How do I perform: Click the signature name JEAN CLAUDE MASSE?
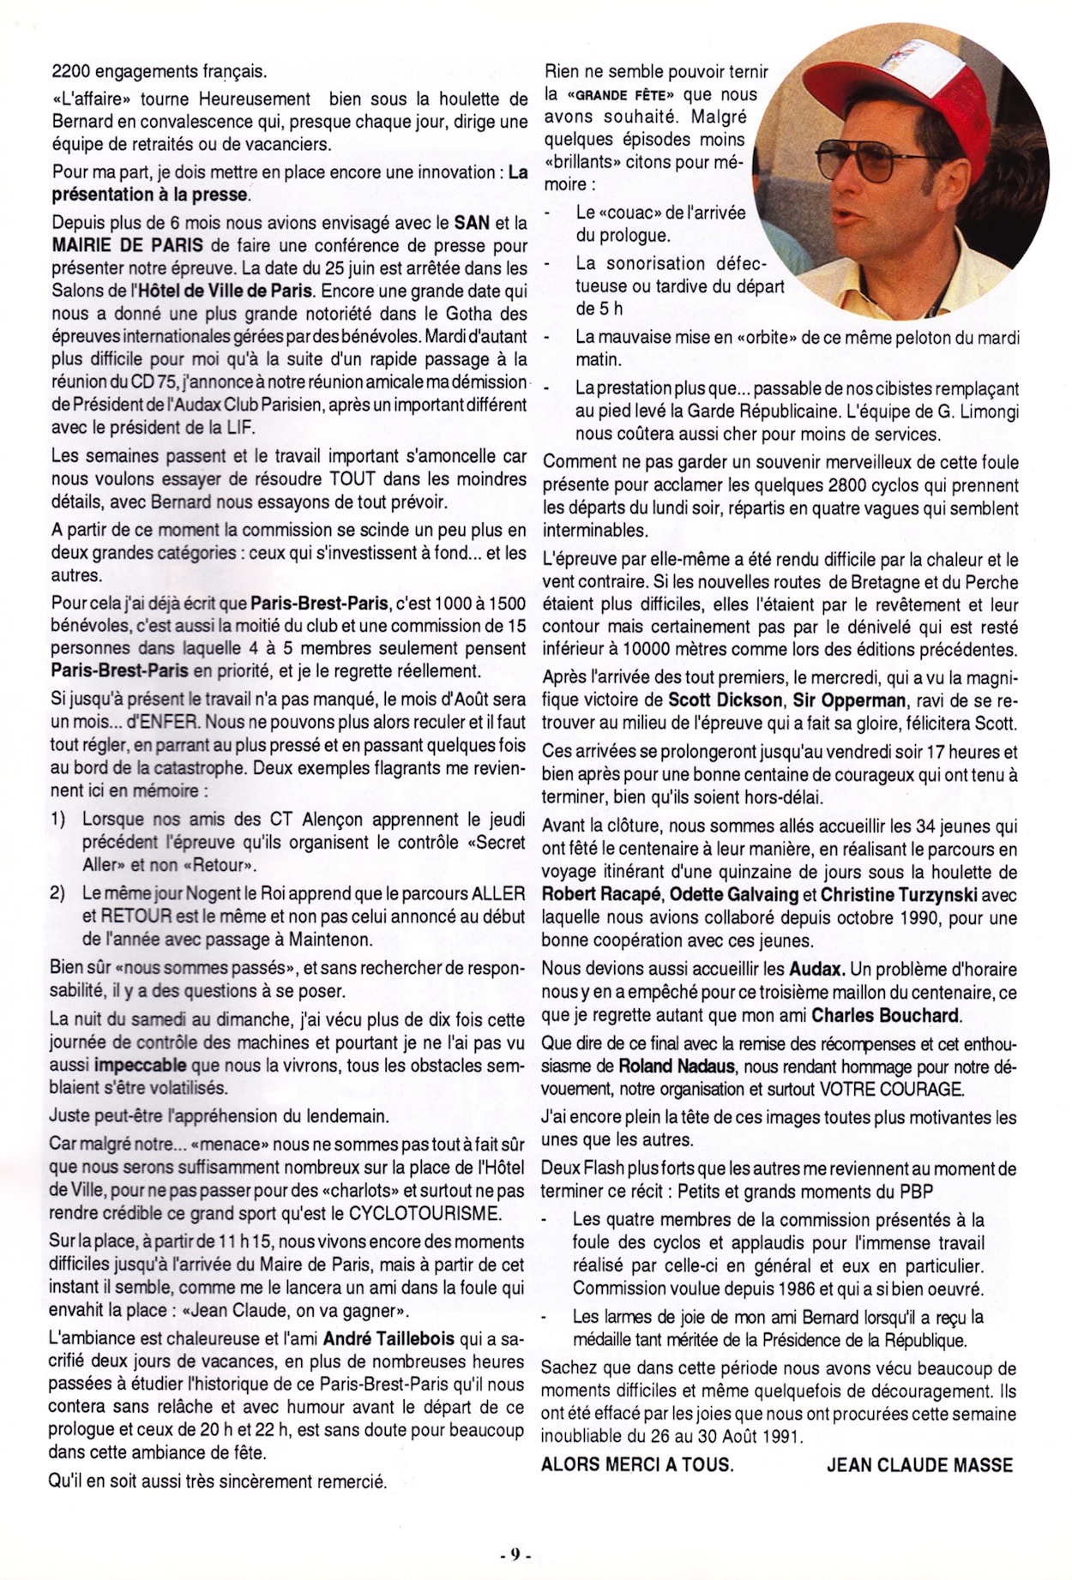(x=919, y=1464)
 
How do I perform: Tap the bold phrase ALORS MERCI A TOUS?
(x=637, y=1464)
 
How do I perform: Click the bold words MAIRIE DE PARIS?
(x=128, y=245)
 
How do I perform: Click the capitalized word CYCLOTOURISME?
(x=425, y=1213)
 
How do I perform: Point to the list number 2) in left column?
(x=58, y=893)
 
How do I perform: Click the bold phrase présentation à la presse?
(x=149, y=195)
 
